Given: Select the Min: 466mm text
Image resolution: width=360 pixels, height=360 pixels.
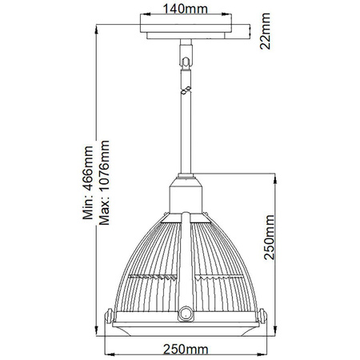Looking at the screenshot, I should (89, 182).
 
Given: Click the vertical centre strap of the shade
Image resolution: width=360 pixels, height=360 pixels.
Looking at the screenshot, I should (184, 256).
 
